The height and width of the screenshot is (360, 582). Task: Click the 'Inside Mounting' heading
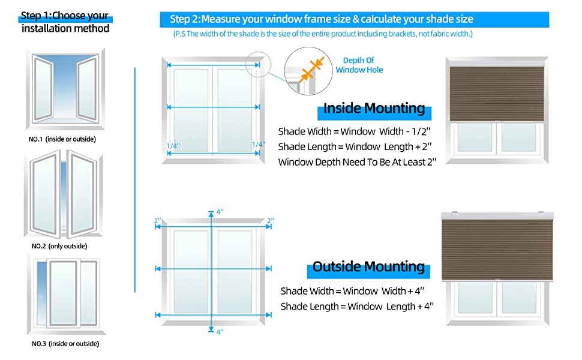pyautogui.click(x=374, y=109)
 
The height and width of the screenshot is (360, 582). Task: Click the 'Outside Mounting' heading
pyautogui.click(x=368, y=267)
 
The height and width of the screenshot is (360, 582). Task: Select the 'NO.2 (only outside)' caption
pyautogui.click(x=59, y=246)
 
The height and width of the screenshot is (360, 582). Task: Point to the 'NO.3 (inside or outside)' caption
pyautogui.click(x=65, y=344)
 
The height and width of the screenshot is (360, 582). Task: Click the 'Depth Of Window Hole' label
pyautogui.click(x=359, y=65)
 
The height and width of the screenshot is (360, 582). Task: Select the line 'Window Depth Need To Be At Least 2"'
pyautogui.click(x=357, y=162)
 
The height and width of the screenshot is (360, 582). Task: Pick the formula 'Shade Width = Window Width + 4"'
pyautogui.click(x=353, y=291)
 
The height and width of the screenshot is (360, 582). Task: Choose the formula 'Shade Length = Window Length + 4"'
pyautogui.click(x=357, y=307)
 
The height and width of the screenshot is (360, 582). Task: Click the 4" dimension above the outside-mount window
pyautogui.click(x=220, y=212)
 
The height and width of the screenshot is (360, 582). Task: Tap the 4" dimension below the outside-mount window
pyautogui.click(x=220, y=332)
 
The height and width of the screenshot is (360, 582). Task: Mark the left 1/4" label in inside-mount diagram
pyautogui.click(x=173, y=145)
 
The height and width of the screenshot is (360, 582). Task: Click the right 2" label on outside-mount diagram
pyautogui.click(x=270, y=221)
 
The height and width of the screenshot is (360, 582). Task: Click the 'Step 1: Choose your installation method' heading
pyautogui.click(x=65, y=22)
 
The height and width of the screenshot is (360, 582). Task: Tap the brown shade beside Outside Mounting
pyautogui.click(x=494, y=248)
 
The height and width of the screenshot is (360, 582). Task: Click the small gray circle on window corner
pyautogui.click(x=259, y=63)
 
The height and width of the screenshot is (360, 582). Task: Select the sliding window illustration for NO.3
pyautogui.click(x=65, y=294)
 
